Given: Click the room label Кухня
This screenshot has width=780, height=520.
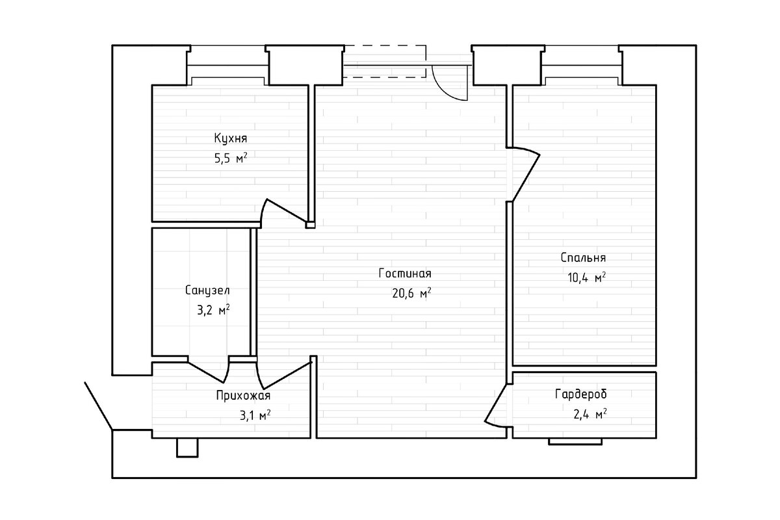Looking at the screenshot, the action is pos(231,138).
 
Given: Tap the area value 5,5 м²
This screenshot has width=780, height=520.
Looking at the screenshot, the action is pos(231,159).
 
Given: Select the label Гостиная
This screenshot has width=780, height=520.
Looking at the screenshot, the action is pos(405,274).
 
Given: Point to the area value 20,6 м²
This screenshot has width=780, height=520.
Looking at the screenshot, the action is pos(411,293).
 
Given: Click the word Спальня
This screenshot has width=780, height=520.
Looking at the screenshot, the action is pos(583,258).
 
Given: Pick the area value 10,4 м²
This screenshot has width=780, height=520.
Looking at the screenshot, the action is pos(587,278).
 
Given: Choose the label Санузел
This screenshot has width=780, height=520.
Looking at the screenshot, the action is pos(207,290).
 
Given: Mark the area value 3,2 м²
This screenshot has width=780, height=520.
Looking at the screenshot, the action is pos(213,310).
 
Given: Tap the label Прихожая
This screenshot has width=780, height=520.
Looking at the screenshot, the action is pos(243,396).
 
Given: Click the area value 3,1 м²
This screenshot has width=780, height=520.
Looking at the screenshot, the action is pos(255,415).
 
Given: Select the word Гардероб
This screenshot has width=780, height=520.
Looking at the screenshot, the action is pos(581,395).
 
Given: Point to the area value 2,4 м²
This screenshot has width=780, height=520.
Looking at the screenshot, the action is pos(590,415).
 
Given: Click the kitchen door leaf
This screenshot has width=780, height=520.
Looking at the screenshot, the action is pos(286,211).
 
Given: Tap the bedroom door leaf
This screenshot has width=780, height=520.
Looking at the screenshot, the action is pos(526,178).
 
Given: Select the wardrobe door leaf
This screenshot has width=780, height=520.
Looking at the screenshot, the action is pos(495,402).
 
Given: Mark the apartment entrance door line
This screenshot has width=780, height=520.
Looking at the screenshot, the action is pos(99,406).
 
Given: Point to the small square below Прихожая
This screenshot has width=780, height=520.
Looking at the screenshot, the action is pos(187,447).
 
